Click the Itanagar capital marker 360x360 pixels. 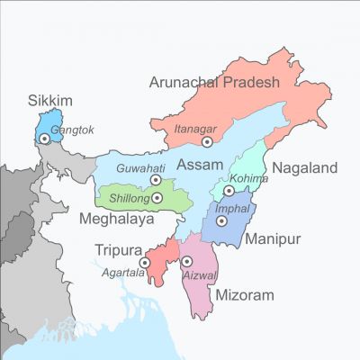click(208, 141)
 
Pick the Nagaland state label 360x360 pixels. click(304, 167)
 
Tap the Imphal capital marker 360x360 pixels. click(221, 220)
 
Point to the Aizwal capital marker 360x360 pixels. click(187, 261)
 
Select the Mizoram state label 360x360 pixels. click(243, 294)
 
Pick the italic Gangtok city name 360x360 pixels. click(71, 130)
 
